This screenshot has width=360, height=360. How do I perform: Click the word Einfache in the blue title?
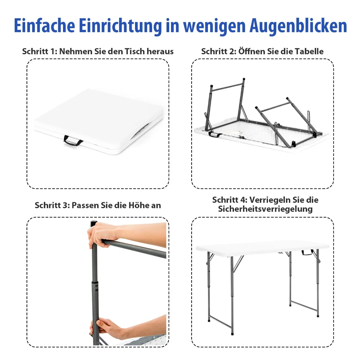tap(44, 25)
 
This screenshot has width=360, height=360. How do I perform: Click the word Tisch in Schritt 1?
tap(135, 51)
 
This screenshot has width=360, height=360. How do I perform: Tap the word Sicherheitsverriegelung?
tap(265, 209)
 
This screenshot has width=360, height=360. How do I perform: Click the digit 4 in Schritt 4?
tap(243, 200)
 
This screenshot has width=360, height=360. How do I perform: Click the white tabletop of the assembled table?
tap(262, 247)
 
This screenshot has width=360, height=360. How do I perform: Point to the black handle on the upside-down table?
tap(214, 134)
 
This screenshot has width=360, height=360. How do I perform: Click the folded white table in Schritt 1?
tap(99, 121)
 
